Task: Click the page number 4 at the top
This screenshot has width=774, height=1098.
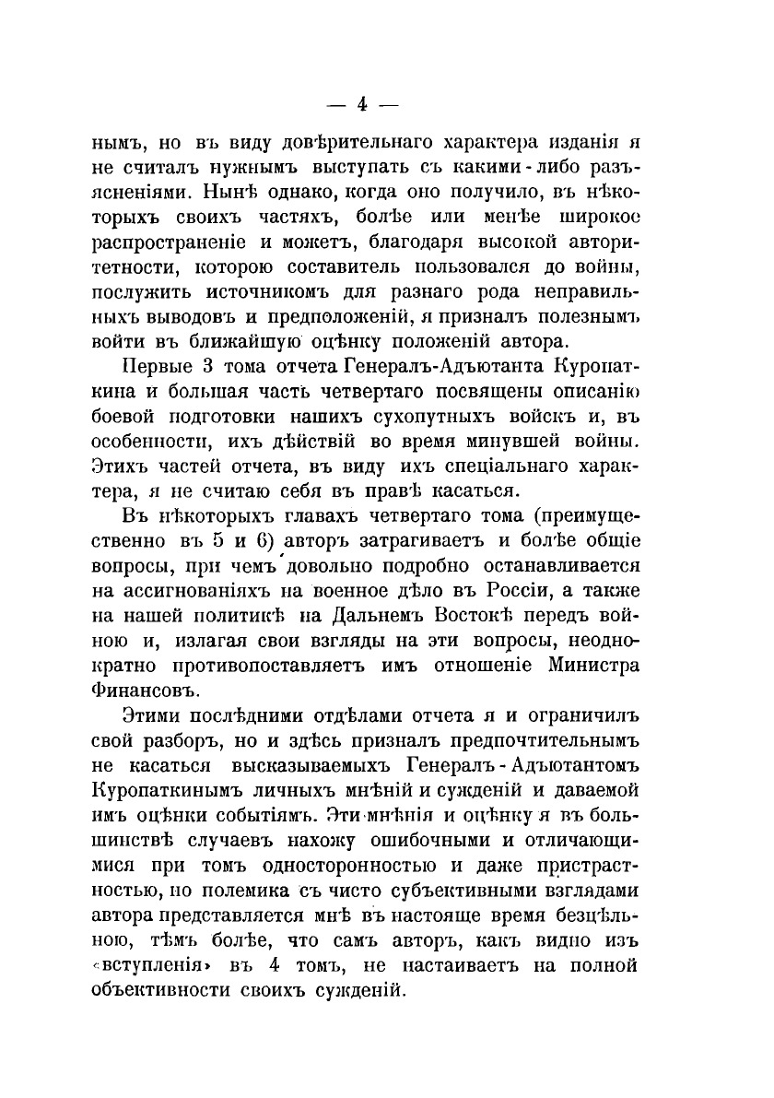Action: pos(361,104)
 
